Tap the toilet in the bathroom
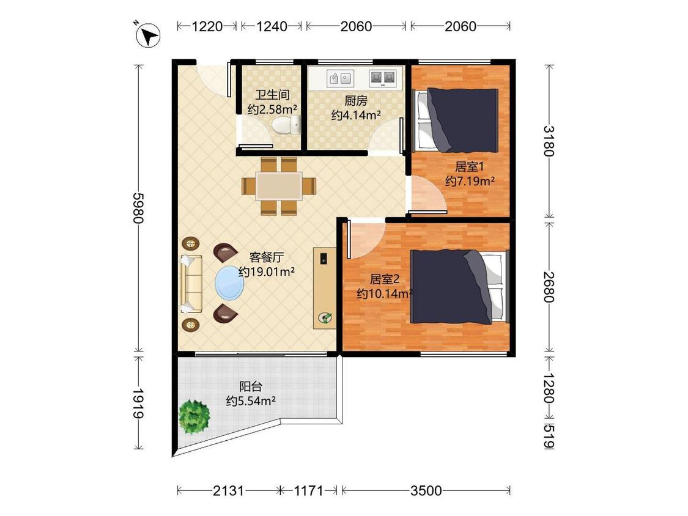point(287,125)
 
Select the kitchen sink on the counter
point(341,78)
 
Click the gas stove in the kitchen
point(383,78)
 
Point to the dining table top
point(279,186)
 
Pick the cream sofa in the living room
point(191,284)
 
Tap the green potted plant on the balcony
point(194,416)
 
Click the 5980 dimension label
point(139,208)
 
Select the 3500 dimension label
point(426,490)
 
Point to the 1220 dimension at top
point(207,26)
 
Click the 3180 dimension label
point(549,141)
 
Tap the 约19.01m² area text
point(267,271)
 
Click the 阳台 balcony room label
point(251,386)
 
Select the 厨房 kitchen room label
point(355,101)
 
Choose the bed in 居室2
point(459,287)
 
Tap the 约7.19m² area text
point(470,181)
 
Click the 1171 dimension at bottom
point(308,490)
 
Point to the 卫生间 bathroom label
point(273,95)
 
